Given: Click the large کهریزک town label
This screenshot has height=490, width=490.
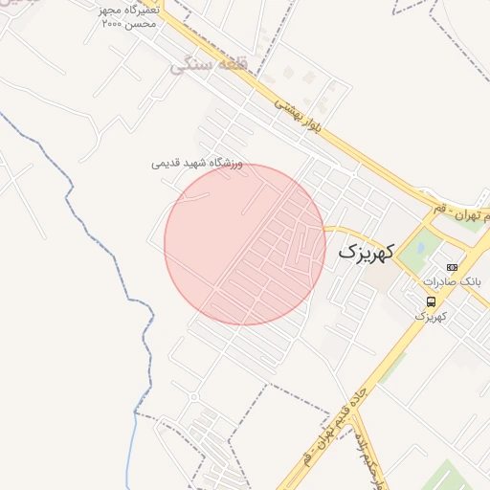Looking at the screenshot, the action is click(x=366, y=254).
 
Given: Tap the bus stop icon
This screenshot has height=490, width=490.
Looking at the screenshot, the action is click(x=433, y=301).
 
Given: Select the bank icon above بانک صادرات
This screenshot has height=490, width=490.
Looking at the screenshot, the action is click(x=452, y=267).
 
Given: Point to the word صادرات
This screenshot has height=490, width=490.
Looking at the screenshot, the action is click(x=436, y=282).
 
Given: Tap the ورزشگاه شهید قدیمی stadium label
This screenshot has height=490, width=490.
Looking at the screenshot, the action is click(x=197, y=164).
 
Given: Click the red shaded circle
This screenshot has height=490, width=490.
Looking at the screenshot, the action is click(x=244, y=244).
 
